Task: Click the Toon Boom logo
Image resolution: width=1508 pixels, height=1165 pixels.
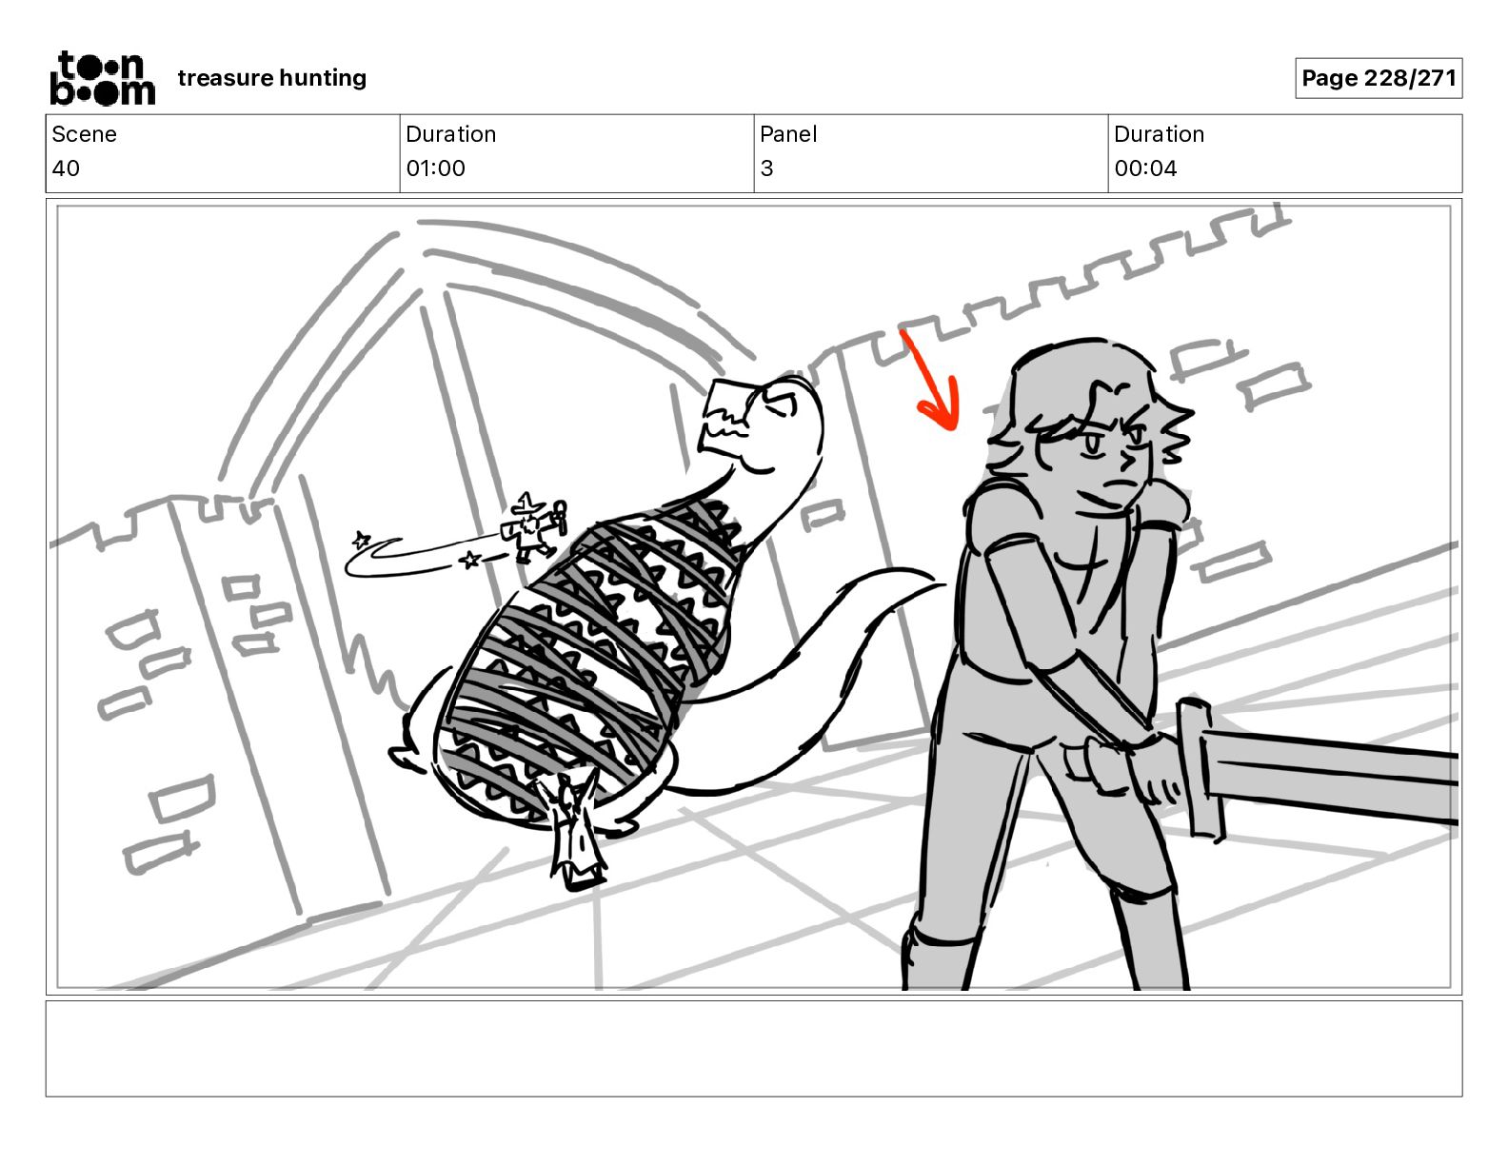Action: click(x=103, y=78)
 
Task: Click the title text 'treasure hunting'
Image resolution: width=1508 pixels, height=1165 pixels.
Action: click(x=272, y=78)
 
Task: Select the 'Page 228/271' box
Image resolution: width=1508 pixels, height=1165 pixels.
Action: click(x=1379, y=78)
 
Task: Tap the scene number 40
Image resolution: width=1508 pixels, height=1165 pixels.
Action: click(x=66, y=168)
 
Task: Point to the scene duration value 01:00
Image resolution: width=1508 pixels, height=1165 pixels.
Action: click(x=436, y=168)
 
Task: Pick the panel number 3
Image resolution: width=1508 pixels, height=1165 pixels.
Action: click(x=766, y=168)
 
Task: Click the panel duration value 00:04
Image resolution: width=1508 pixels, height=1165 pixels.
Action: click(x=1145, y=168)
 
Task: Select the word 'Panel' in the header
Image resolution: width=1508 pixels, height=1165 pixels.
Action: click(x=788, y=134)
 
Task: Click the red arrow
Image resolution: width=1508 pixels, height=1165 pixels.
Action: click(x=933, y=384)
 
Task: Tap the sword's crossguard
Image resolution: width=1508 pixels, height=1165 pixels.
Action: click(x=1200, y=770)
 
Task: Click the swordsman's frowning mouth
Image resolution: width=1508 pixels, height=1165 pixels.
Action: click(x=1114, y=484)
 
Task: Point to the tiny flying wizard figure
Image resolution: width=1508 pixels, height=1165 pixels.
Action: click(x=534, y=526)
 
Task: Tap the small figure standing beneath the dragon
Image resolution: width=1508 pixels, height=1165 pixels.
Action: click(x=574, y=830)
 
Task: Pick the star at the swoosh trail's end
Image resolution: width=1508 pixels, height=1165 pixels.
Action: click(x=361, y=539)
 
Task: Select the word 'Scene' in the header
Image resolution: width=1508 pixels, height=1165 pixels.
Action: click(x=84, y=134)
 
